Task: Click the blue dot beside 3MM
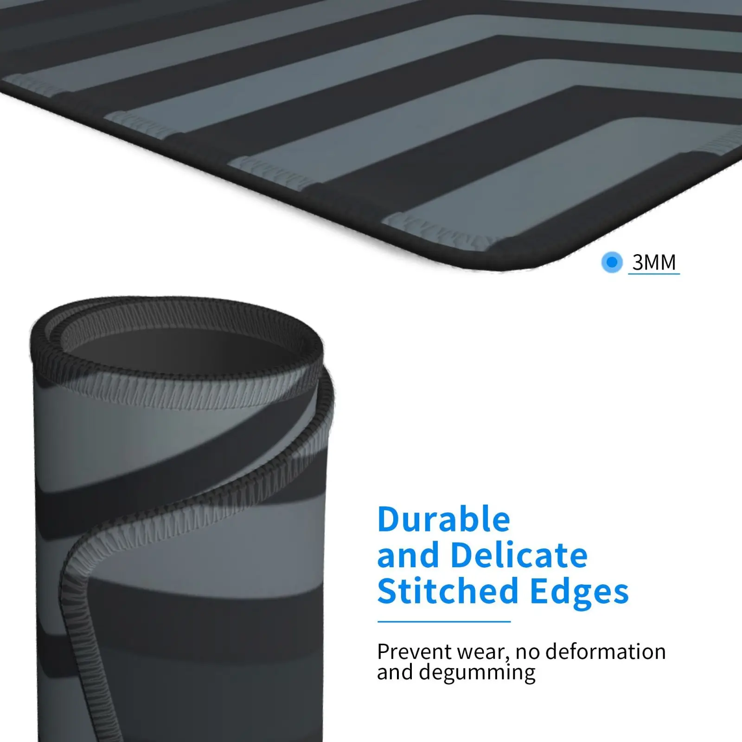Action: [x=612, y=262]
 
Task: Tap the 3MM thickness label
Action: [x=654, y=262]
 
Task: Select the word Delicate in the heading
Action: [x=519, y=555]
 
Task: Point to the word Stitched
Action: [x=448, y=591]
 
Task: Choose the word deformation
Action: [x=606, y=652]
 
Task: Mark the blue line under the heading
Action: [x=444, y=621]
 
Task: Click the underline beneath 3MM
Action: [x=654, y=274]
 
